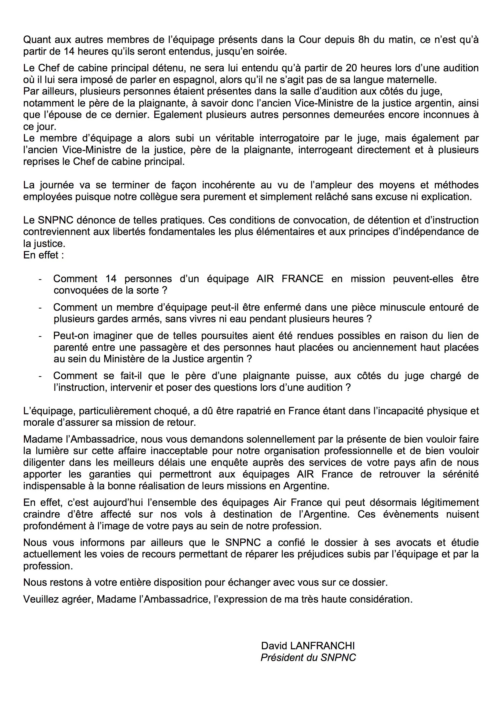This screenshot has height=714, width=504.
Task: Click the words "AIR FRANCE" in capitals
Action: click(x=290, y=279)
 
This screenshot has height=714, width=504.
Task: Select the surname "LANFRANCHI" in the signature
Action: click(x=322, y=646)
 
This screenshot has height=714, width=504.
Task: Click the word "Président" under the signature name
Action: click(x=281, y=658)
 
